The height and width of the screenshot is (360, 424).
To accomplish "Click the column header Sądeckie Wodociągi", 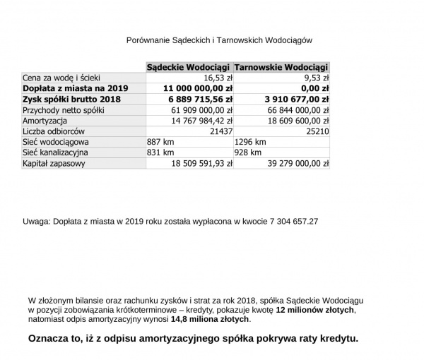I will coord(189,67).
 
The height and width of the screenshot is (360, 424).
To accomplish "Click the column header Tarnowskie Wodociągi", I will coord(281,67).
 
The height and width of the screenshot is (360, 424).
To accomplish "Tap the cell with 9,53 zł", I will coord(315,78).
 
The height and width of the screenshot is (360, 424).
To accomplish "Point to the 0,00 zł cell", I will coord(315,89).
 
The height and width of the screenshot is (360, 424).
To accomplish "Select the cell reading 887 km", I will coord(159,143).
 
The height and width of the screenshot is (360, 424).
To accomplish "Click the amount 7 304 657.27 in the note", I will coord(290,221).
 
